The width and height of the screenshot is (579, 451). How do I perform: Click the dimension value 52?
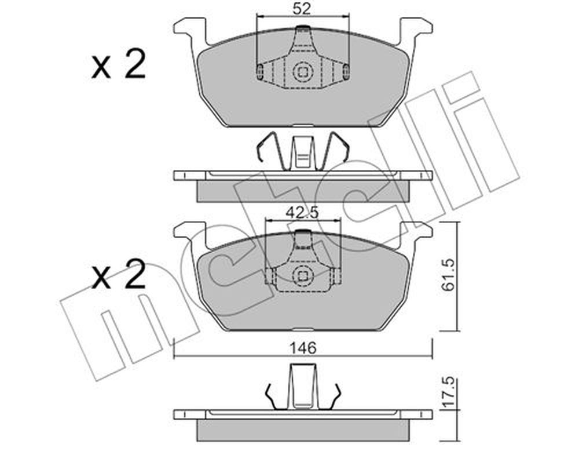pos(302,9)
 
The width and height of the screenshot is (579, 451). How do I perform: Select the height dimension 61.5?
pos(448,275)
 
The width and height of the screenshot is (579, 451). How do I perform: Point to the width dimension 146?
pos(303,348)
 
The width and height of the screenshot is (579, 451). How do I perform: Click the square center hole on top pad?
pos(303,71)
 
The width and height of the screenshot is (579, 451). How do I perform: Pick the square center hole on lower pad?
pos(303,275)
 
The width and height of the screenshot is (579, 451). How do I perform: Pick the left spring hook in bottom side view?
pos(273,398)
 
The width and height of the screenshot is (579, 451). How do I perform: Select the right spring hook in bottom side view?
pos(333,398)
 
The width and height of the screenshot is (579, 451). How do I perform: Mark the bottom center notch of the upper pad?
pos(303,126)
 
